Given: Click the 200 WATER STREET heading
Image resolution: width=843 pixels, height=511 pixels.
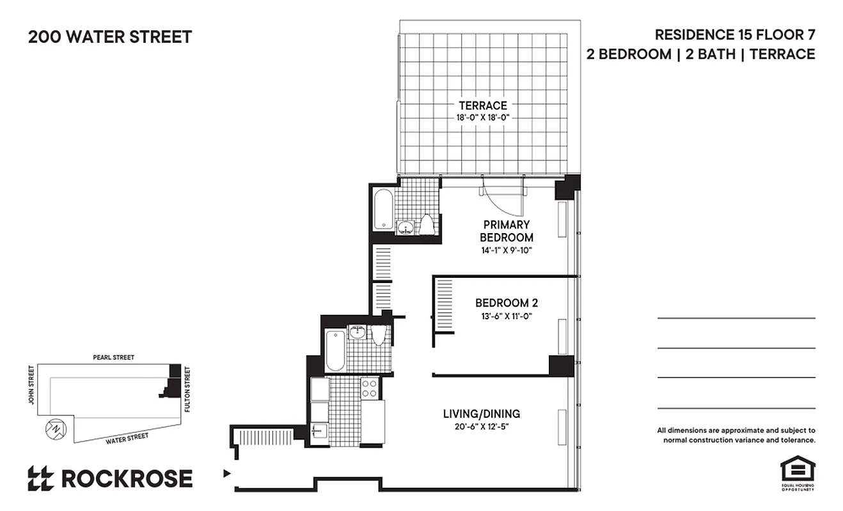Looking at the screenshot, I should pyautogui.click(x=109, y=37).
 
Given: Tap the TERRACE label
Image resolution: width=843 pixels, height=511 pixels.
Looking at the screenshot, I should pyautogui.click(x=482, y=105).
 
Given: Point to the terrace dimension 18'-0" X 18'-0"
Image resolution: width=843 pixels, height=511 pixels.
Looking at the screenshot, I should pyautogui.click(x=482, y=117).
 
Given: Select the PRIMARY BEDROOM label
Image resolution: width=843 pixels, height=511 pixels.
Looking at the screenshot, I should pyautogui.click(x=507, y=231).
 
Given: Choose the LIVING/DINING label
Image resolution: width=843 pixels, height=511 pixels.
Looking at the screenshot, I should pyautogui.click(x=482, y=414).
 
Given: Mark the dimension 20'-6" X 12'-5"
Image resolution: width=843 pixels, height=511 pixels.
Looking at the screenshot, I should pyautogui.click(x=482, y=426).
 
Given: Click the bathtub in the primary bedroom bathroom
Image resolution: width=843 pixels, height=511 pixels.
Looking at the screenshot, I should pyautogui.click(x=382, y=209).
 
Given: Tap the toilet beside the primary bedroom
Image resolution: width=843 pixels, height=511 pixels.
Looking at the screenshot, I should pyautogui.click(x=427, y=225).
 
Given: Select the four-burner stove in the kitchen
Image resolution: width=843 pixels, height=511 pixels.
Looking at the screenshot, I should pyautogui.click(x=369, y=389).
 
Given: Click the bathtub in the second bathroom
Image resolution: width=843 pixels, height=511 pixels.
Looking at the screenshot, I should pyautogui.click(x=335, y=350).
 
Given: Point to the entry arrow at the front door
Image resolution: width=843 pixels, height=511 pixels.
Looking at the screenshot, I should pyautogui.click(x=226, y=474).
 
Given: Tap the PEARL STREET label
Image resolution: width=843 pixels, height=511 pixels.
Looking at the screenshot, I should pyautogui.click(x=113, y=358).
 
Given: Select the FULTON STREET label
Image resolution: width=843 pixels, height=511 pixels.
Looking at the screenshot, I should pyautogui.click(x=187, y=388).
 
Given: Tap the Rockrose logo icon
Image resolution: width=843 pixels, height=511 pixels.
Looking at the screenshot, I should pyautogui.click(x=40, y=478).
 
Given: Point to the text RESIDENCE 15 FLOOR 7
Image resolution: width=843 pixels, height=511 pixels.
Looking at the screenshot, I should pyautogui.click(x=735, y=34).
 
